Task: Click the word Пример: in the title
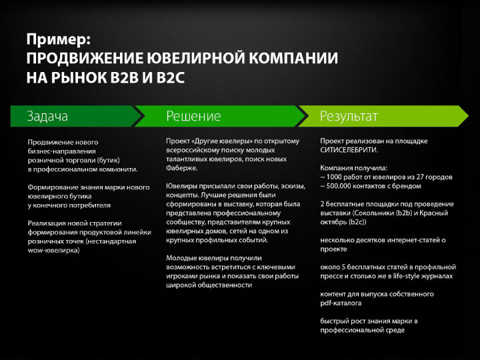59,40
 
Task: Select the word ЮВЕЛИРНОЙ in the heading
195,58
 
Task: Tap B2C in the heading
171,77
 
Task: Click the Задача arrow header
76,116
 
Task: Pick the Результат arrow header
383,116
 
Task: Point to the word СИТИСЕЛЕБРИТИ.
349,150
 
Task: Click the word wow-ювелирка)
53,250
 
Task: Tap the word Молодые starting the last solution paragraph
180,258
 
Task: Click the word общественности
225,285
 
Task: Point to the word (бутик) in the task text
109,160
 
